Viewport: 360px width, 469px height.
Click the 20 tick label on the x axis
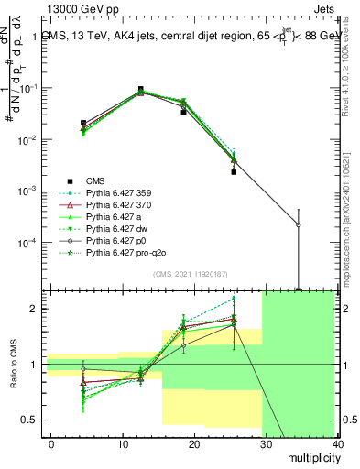point(193,443)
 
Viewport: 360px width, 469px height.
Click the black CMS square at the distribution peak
point(140,90)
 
